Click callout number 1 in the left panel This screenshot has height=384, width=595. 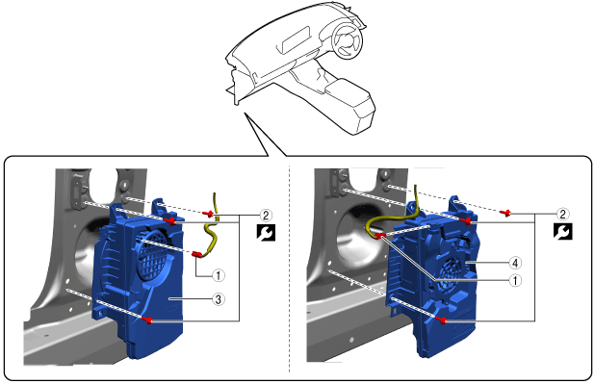click(219, 275)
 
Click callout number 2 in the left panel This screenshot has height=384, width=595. click(266, 216)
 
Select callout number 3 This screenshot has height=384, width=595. click(219, 299)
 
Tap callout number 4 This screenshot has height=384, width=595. click(515, 263)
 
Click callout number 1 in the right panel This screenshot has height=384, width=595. click(515, 281)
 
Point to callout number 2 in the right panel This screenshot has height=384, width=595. click(562, 215)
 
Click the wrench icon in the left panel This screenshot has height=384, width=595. click(266, 232)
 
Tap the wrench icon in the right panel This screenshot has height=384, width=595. click(562, 232)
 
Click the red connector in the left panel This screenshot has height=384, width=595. click(196, 254)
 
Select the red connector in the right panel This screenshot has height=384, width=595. click(380, 237)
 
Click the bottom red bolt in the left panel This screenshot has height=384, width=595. click(148, 320)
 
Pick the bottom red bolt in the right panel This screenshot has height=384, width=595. click(442, 321)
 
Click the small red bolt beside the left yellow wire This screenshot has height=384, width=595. click(208, 214)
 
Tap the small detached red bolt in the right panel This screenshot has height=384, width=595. click(505, 213)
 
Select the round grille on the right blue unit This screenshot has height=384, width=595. click(452, 274)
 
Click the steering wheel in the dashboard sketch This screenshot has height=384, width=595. click(347, 39)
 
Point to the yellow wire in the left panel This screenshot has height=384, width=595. click(211, 232)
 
